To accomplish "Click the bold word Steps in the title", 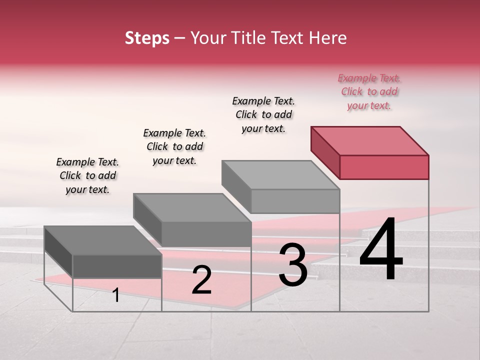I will tap(147, 38).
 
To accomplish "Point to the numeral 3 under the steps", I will tap(292, 264).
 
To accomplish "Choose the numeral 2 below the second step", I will tap(201, 279).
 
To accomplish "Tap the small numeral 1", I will tap(116, 295).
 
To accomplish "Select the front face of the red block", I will tap(384, 167).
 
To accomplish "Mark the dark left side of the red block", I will tap(325, 152).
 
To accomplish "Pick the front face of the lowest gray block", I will tap(117, 266).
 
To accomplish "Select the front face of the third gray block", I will tap(295, 201).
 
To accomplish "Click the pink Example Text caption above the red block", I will tap(369, 92).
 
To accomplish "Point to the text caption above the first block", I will tap(87, 176).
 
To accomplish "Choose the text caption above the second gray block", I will tap(174, 147).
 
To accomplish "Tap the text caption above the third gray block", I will tap(263, 115).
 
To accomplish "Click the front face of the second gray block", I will tap(206, 234).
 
